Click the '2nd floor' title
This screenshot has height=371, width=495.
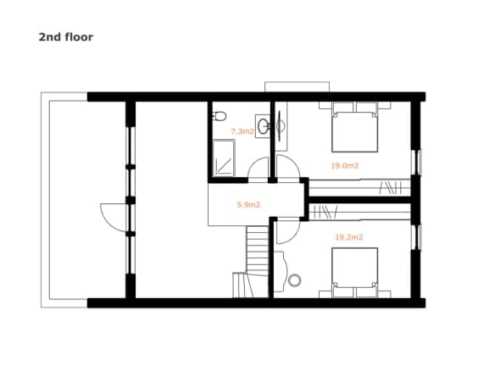click(x=65, y=37)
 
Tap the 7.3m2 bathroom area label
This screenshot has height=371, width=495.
click(x=242, y=131)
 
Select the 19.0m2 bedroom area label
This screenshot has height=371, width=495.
click(x=345, y=166)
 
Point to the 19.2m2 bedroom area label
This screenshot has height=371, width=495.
click(x=349, y=237)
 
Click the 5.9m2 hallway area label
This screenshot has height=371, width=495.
click(x=248, y=205)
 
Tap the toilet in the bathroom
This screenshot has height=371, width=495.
click(x=220, y=116)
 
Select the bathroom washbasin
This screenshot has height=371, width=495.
click(x=263, y=126)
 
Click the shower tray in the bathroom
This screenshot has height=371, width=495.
click(x=224, y=158)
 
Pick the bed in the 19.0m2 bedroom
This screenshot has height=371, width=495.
click(x=355, y=127)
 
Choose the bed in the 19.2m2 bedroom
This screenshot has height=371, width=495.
click(x=355, y=273)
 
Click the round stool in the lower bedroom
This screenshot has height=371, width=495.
click(x=294, y=280)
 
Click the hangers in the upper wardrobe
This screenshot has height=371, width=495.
click(x=390, y=188)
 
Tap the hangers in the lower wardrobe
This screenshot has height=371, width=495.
click(x=326, y=212)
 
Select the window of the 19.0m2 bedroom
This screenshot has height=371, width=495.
click(x=417, y=162)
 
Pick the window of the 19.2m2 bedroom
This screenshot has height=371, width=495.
click(x=417, y=237)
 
